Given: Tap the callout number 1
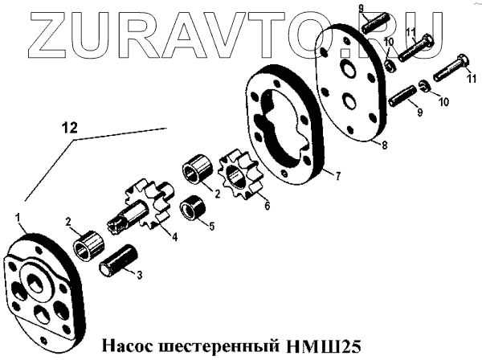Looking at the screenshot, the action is [18, 217].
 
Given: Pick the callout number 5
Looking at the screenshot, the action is [210, 227].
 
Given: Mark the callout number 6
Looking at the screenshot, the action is [266, 206].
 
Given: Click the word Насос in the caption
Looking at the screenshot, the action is [129, 346].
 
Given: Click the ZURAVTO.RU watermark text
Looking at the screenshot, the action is [241, 34].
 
